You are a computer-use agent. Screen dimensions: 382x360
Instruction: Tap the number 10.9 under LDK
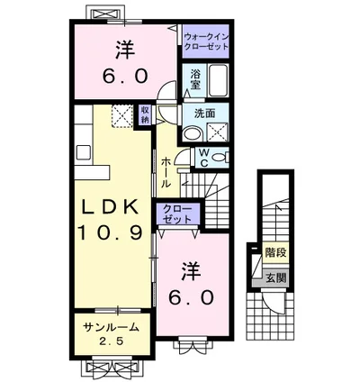tap(111, 232)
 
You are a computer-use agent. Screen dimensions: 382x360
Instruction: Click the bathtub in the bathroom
tap(219, 84)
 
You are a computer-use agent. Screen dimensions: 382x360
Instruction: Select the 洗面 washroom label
tap(204, 114)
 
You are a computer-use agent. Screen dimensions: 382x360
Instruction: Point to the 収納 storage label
tap(145, 114)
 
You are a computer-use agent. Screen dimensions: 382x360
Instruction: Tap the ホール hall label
tap(167, 172)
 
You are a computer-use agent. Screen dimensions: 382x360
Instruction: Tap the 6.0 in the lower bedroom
tap(193, 296)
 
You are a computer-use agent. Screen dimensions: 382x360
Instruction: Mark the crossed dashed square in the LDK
tap(122, 116)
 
